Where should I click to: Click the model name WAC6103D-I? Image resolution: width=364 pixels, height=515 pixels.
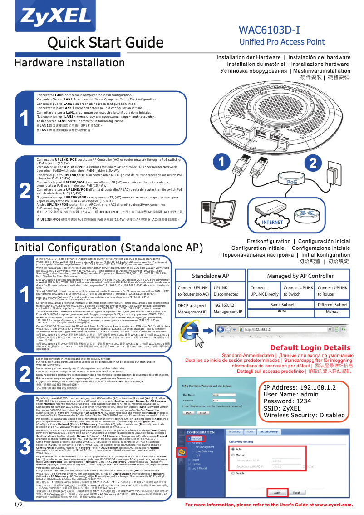click(x=270, y=31)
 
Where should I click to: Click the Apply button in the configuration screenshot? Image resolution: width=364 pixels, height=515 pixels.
click(x=277, y=492)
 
